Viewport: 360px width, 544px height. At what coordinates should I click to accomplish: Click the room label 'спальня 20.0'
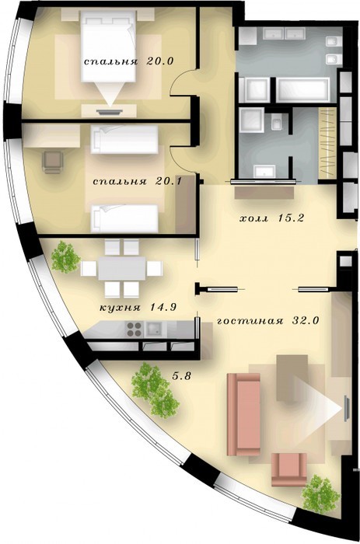coord(128,61)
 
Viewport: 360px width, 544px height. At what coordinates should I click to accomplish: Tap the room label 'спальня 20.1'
coord(138,181)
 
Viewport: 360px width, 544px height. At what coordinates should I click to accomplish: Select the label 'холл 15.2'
coord(272,218)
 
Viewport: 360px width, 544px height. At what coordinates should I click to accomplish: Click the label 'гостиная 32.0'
coord(267,320)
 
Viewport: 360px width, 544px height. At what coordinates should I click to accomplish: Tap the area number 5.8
coord(182,375)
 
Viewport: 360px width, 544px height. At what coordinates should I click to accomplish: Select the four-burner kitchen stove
coord(135,330)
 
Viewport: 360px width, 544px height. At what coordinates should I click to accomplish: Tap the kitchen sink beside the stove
coord(155,329)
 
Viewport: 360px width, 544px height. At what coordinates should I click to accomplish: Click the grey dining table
coord(121,268)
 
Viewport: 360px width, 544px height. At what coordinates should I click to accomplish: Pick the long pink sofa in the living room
coord(243,414)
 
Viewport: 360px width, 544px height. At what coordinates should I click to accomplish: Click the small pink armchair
coord(288,469)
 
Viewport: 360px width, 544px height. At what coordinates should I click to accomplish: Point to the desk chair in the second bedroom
coord(53,162)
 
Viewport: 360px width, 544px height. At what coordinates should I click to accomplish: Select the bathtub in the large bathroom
coord(302,90)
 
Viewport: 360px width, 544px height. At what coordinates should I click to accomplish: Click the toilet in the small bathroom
coord(277,123)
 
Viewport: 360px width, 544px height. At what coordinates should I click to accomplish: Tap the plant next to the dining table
coord(65,257)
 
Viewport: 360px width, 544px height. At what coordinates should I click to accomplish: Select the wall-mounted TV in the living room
coord(346,408)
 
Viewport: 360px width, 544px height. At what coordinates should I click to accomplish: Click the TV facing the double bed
coord(110,112)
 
